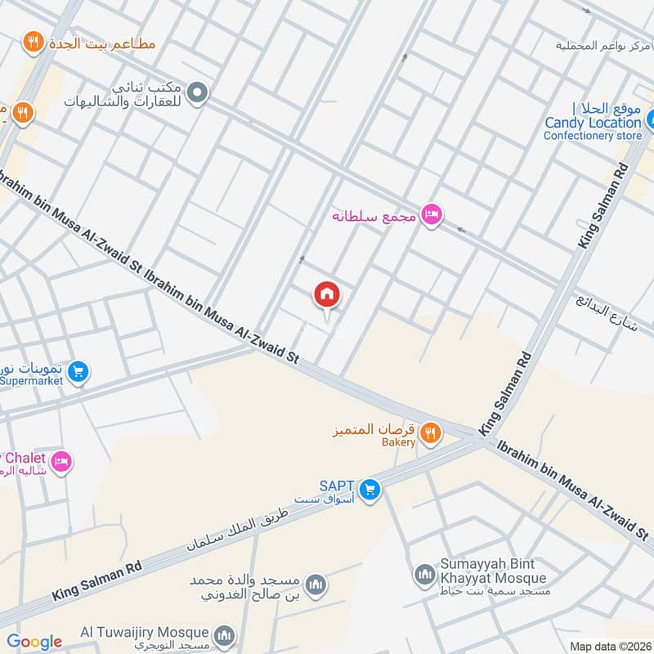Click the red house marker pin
(x=326, y=295)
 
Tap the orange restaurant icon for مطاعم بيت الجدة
(x=34, y=43)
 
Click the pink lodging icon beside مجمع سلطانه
(x=431, y=215)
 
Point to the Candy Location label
(x=594, y=123)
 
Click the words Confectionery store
(x=593, y=136)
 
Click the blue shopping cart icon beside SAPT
(x=370, y=489)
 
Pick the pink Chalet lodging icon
(x=61, y=463)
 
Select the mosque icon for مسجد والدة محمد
(x=316, y=585)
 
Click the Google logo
(x=34, y=642)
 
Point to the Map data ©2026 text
(x=610, y=647)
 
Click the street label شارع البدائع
(x=606, y=311)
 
